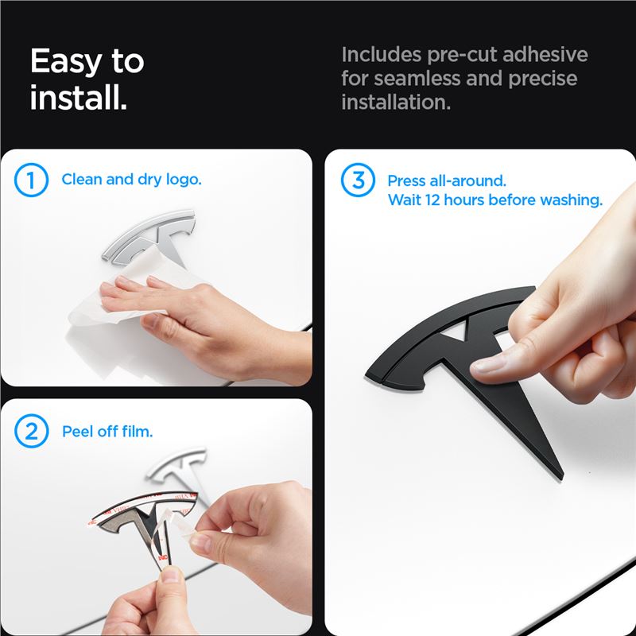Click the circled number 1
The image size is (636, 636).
(x=31, y=180)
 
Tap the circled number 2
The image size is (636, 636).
(x=31, y=431)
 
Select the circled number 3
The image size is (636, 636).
(x=358, y=180)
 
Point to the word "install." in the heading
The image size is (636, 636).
(x=79, y=98)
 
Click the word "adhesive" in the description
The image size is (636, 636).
(x=545, y=54)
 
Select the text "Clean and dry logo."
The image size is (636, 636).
(x=131, y=180)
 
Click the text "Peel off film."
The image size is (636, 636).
(x=107, y=431)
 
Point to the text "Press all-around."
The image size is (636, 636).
(x=447, y=181)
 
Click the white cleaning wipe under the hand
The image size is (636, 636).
(x=122, y=292)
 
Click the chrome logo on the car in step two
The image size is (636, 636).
(x=178, y=467)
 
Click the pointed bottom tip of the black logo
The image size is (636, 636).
(x=561, y=477)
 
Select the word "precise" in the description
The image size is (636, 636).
(x=543, y=78)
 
